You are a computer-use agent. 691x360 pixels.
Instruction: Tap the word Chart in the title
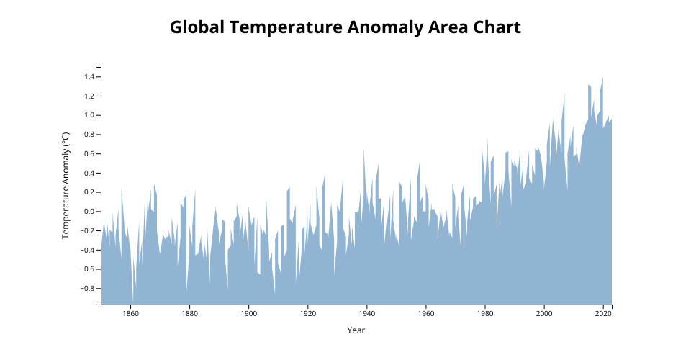pos(494,28)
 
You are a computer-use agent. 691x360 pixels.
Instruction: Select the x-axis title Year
pos(356,330)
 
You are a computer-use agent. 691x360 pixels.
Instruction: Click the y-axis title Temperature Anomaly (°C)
pos(65,185)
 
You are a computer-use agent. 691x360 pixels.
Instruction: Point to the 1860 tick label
pos(130,313)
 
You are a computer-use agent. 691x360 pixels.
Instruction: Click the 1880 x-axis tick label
pos(189,313)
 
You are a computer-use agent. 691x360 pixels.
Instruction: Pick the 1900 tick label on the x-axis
pos(248,313)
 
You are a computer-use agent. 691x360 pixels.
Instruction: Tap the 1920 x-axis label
pos(307,313)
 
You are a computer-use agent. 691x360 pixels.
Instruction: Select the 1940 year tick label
pos(366,313)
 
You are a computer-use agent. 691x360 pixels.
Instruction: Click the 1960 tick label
pos(425,313)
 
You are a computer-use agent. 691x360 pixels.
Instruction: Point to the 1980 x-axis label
pos(485,313)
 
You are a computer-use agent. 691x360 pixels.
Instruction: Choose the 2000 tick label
pos(544,313)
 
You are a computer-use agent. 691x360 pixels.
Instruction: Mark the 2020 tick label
pos(603,313)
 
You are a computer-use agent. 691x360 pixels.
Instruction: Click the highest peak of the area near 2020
pos(602,78)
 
